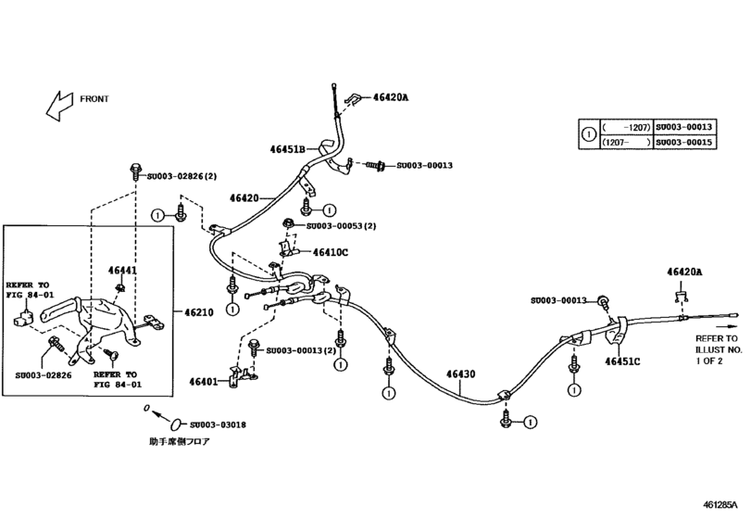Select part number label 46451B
(289, 148)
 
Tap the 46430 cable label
(459, 374)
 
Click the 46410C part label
(330, 251)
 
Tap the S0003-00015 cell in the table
(684, 143)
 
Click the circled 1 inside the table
(587, 134)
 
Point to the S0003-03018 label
(215, 425)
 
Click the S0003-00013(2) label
(302, 350)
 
